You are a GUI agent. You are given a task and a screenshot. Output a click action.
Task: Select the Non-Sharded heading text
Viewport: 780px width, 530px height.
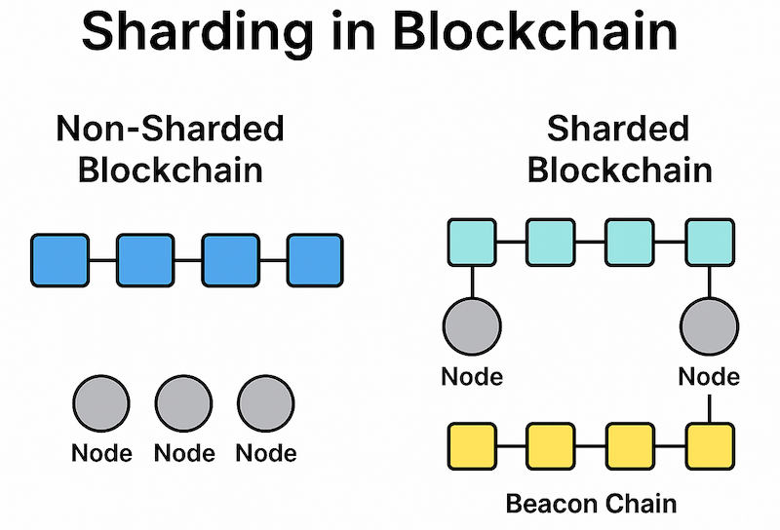(171, 129)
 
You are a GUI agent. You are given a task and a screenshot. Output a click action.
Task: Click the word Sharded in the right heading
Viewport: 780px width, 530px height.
(618, 129)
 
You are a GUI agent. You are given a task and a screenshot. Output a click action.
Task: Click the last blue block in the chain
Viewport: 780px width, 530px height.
(315, 260)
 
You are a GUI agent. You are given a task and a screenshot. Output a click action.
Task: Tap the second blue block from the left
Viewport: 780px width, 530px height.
(145, 260)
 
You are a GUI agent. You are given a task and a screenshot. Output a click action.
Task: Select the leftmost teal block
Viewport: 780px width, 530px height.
(473, 243)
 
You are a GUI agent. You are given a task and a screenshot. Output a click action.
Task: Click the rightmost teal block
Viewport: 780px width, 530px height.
(709, 243)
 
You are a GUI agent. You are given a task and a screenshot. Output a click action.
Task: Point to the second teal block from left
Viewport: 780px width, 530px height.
(552, 243)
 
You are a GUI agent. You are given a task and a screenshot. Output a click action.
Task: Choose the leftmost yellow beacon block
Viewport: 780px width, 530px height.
(473, 445)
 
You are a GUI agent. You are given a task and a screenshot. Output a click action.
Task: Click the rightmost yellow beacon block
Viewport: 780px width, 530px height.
(709, 445)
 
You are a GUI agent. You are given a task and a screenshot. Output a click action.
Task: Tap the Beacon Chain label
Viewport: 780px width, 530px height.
(591, 504)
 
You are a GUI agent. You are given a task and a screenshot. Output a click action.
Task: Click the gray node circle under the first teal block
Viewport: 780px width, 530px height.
(473, 326)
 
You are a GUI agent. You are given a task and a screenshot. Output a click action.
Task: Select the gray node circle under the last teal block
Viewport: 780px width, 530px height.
(709, 326)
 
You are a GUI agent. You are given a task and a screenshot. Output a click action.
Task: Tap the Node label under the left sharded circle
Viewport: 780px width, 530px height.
(473, 376)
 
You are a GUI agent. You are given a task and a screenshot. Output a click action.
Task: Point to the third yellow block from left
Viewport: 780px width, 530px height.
(631, 445)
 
